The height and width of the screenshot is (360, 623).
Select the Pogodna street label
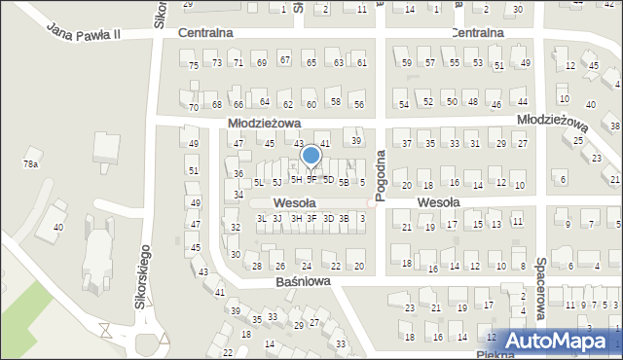pyautogui.click(x=382, y=175)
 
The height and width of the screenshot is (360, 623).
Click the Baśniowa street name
pyautogui.click(x=302, y=280)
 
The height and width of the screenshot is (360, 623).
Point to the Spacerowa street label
pyautogui.click(x=539, y=281)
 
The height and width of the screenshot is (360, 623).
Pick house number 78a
pyautogui.click(x=31, y=164)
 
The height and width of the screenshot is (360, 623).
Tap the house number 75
pyautogui.click(x=194, y=64)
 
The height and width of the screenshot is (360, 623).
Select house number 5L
pyautogui.click(x=258, y=182)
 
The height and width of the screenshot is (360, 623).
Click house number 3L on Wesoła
pyautogui.click(x=261, y=219)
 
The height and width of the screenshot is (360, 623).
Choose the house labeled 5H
pyautogui.click(x=296, y=180)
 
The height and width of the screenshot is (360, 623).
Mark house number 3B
pyautogui.click(x=344, y=219)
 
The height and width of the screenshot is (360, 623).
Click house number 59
pyautogui.click(x=407, y=62)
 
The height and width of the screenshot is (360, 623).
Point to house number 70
pyautogui.click(x=194, y=107)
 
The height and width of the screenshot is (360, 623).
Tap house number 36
pyautogui.click(x=238, y=174)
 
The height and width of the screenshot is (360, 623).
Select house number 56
pyautogui.click(x=358, y=104)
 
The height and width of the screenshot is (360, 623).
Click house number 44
pyautogui.click(x=523, y=101)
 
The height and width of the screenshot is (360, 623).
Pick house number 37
pyautogui.click(x=408, y=144)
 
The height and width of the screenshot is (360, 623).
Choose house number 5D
pyautogui.click(x=328, y=180)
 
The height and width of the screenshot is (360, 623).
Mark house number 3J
pyautogui.click(x=277, y=219)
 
